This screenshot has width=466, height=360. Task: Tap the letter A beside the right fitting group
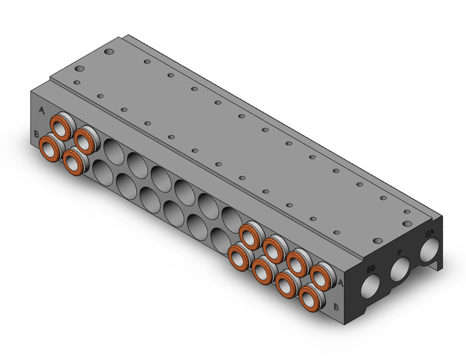coord(342,283)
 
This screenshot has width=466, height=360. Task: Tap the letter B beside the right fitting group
coord(336,305)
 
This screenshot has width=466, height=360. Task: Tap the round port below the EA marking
coord(430,250)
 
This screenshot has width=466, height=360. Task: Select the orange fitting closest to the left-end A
coord(60,128)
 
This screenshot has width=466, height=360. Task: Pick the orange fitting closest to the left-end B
coord(49,147)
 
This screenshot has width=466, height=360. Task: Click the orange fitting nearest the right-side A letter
coord(320,274)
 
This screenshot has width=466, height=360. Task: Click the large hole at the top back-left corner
coord(109,53)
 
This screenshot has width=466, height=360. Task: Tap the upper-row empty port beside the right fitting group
coord(231,218)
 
